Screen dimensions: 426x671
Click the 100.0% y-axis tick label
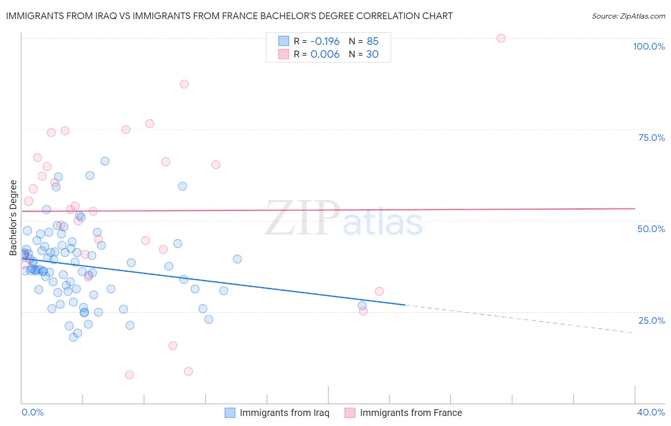click(x=649, y=46)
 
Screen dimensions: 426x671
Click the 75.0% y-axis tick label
click(x=651, y=138)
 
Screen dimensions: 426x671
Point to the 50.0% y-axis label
click(x=651, y=229)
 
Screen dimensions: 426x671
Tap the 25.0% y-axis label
click(x=651, y=320)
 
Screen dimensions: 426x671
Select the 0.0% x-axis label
click(x=32, y=412)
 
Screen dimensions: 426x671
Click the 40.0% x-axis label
click(x=651, y=412)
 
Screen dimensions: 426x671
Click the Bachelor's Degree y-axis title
click(x=13, y=218)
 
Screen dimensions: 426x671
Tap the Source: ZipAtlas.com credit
click(x=628, y=16)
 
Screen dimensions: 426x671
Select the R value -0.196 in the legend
click(x=325, y=41)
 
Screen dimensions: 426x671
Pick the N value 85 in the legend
click(x=372, y=41)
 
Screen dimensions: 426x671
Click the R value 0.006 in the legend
click(x=325, y=54)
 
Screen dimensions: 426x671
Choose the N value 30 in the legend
click(x=372, y=54)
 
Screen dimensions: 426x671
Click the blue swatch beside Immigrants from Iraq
click(x=230, y=413)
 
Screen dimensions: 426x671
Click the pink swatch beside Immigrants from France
click(x=350, y=413)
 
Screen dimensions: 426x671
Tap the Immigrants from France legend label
click(x=411, y=413)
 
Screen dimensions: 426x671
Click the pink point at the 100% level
click(x=501, y=38)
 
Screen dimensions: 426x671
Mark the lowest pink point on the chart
click(x=129, y=375)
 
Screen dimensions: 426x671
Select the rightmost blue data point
click(x=362, y=306)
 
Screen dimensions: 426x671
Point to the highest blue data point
click(x=105, y=161)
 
